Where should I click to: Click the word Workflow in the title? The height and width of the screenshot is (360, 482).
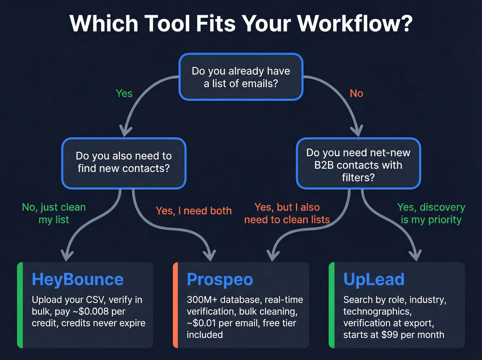355,23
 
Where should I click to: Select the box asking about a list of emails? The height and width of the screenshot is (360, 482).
241,77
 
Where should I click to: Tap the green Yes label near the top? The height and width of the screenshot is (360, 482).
124,93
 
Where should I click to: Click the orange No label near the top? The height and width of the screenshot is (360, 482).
356,93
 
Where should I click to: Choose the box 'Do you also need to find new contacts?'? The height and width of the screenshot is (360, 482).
124,162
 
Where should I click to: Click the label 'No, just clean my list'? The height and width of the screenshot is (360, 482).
54,213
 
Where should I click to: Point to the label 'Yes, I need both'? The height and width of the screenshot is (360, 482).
193,211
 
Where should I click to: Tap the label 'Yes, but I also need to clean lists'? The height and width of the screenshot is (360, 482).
287,213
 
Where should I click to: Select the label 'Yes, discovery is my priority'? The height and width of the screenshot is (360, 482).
431,213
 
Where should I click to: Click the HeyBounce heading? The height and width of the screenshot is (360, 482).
77,279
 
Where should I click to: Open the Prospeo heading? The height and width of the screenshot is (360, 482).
220,279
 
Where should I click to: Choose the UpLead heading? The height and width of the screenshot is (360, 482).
374,279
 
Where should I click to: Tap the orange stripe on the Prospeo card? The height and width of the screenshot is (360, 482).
175,305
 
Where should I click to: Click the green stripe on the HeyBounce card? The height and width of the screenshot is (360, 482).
20,305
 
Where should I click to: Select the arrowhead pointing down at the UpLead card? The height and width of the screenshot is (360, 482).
416,256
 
